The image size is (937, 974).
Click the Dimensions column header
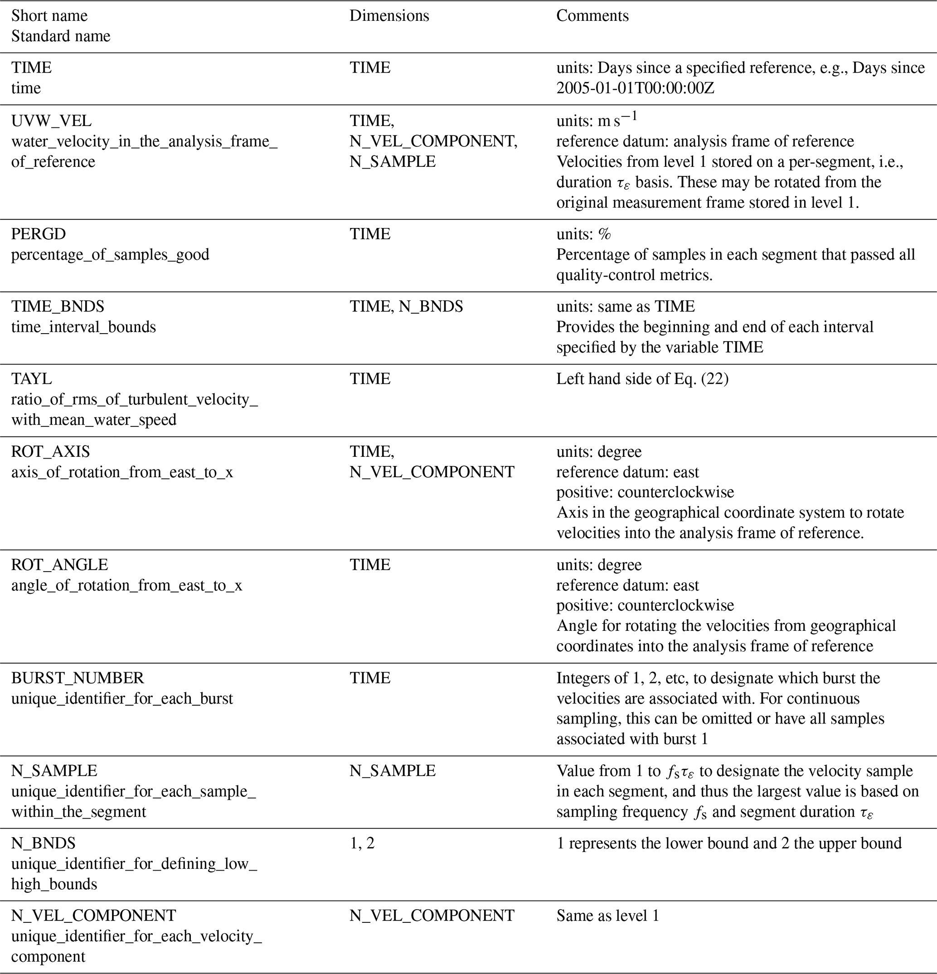(x=389, y=16)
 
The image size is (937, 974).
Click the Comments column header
(x=592, y=16)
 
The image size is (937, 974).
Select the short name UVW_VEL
(x=51, y=121)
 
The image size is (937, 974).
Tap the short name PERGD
(x=38, y=234)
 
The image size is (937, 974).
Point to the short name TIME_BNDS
(x=58, y=306)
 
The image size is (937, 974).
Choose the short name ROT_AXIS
(x=51, y=452)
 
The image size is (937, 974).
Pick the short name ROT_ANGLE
(x=60, y=565)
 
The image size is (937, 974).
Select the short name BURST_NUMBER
(x=78, y=678)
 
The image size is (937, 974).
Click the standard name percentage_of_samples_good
(x=110, y=254)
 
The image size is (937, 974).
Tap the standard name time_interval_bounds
(x=83, y=327)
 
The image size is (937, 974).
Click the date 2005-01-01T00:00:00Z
(x=635, y=88)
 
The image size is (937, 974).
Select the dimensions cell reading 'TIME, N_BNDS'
(x=406, y=306)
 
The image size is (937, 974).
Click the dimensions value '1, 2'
(x=362, y=843)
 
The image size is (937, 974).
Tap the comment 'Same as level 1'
(x=607, y=916)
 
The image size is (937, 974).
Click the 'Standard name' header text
(x=61, y=36)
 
